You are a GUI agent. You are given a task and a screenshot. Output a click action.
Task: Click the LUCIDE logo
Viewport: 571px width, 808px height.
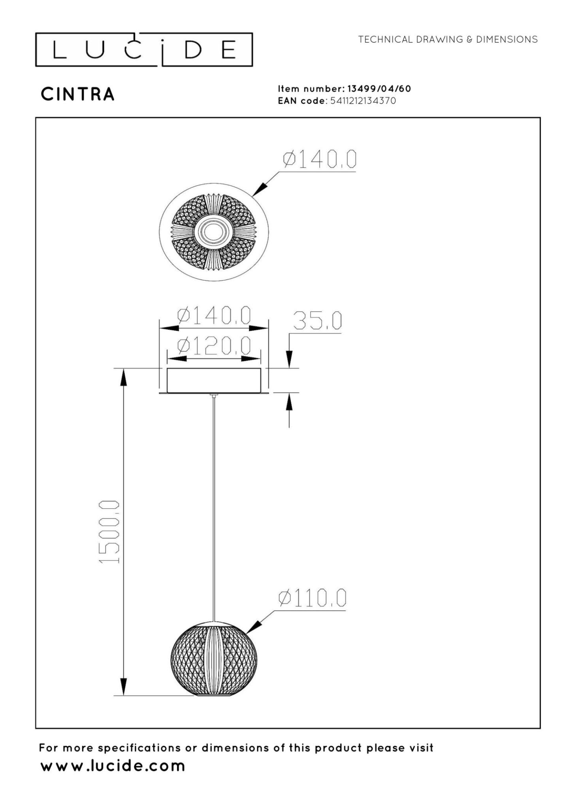tap(144, 50)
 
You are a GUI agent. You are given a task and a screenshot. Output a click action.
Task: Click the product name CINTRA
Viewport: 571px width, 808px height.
tap(78, 94)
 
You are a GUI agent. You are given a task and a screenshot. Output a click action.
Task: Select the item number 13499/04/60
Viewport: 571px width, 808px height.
tap(379, 89)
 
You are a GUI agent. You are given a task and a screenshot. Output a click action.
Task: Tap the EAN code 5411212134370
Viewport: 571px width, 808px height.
tap(363, 101)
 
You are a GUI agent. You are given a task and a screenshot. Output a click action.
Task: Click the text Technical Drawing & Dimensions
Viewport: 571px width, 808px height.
tap(448, 40)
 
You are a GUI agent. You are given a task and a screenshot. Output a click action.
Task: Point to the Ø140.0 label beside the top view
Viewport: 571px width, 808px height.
tap(319, 159)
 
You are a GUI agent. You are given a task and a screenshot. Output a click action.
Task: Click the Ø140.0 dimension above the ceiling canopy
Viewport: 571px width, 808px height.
tap(214, 316)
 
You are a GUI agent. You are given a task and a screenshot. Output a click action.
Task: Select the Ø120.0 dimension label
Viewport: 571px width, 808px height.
tap(214, 346)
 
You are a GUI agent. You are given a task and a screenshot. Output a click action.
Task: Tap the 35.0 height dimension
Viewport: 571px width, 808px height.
tap(317, 321)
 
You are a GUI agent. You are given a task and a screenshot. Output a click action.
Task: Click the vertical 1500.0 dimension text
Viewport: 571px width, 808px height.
tap(109, 532)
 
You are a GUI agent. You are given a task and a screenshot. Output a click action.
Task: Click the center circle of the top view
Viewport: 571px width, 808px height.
tap(213, 232)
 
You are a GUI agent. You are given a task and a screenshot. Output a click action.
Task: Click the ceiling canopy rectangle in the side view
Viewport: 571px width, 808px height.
tap(213, 380)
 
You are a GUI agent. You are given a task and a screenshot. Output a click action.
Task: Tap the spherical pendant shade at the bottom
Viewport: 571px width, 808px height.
tap(214, 659)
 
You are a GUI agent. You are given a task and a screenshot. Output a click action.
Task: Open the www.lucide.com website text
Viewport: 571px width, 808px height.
tap(113, 766)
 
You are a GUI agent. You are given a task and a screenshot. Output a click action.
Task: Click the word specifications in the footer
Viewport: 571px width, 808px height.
tap(139, 748)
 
